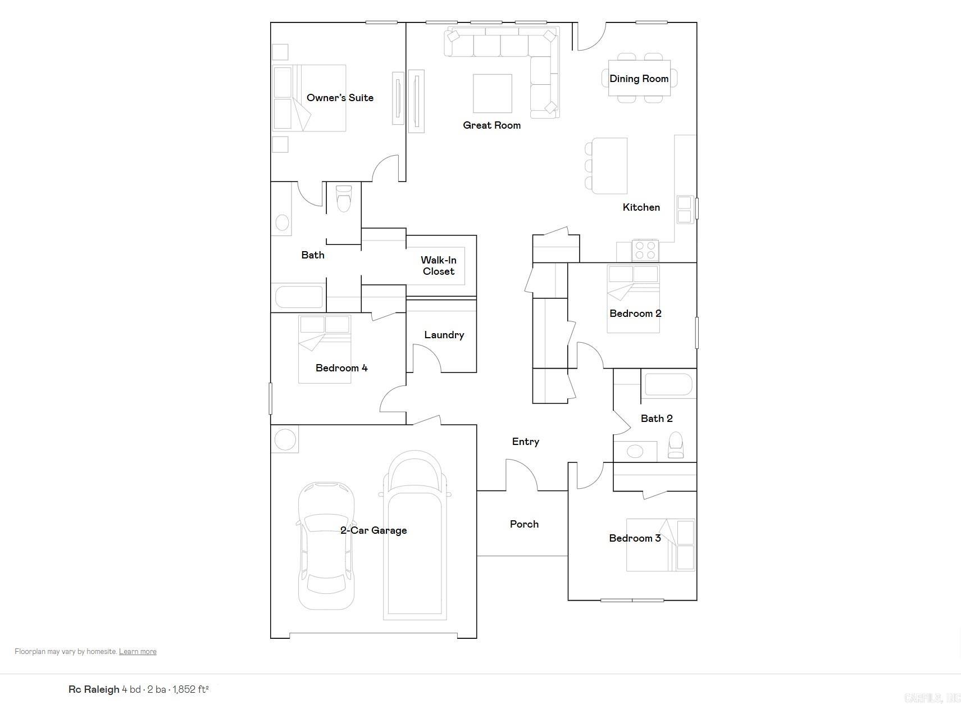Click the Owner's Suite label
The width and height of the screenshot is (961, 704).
pyautogui.click(x=340, y=98)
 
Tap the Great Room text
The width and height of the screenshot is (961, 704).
pyautogui.click(x=491, y=125)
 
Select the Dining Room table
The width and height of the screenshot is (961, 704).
pyautogui.click(x=639, y=78)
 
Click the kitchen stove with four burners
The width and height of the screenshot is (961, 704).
pyautogui.click(x=645, y=251)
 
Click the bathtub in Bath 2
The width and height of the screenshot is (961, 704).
pyautogui.click(x=668, y=385)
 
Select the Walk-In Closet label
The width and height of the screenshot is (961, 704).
pyautogui.click(x=439, y=266)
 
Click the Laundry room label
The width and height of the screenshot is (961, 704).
pyautogui.click(x=444, y=335)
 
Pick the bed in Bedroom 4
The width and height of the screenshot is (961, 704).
pyautogui.click(x=325, y=349)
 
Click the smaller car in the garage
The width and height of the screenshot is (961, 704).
pyautogui.click(x=326, y=545)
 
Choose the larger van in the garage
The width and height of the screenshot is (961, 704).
pyautogui.click(x=415, y=534)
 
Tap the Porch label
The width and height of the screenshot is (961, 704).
pyautogui.click(x=524, y=524)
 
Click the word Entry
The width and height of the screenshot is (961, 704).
pyautogui.click(x=525, y=442)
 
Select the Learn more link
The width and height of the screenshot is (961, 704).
pyautogui.click(x=138, y=652)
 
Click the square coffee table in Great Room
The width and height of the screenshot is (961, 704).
pyautogui.click(x=492, y=93)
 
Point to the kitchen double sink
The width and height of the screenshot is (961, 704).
pyautogui.click(x=685, y=209)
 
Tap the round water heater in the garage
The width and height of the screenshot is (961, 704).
pyautogui.click(x=285, y=439)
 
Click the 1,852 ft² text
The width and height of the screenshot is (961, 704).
pyautogui.click(x=190, y=689)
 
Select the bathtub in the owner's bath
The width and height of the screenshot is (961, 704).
pyautogui.click(x=299, y=296)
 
